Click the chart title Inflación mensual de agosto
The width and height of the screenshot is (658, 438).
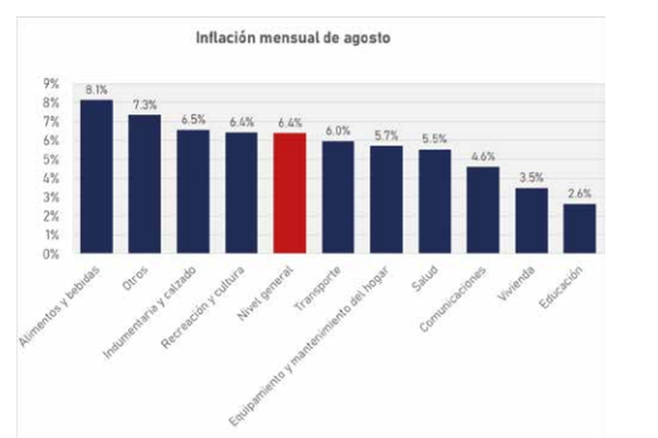click(293, 39)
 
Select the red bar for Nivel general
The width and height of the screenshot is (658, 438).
click(289, 193)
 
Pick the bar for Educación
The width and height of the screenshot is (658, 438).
click(580, 229)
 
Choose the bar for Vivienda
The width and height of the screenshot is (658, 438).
click(531, 221)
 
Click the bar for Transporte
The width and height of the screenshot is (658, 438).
click(338, 197)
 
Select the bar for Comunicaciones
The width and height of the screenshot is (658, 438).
click(483, 210)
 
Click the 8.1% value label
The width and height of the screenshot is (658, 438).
click(96, 90)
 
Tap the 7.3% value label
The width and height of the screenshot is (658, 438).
click(144, 105)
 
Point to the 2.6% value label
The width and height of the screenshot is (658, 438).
click(580, 194)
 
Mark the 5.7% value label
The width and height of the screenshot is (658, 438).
click(386, 136)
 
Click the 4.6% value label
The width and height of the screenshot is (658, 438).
click(483, 157)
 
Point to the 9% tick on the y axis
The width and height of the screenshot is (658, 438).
click(50, 83)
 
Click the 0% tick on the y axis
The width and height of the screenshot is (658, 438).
click(50, 253)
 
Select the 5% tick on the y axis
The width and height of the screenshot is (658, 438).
click(50, 159)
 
